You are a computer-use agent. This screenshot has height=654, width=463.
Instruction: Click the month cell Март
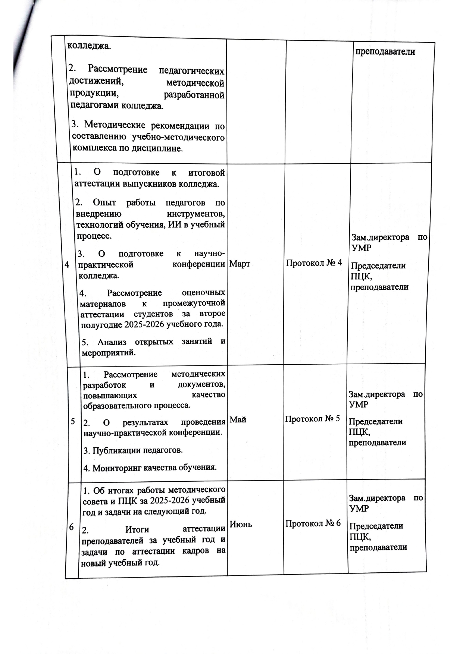(x=240, y=264)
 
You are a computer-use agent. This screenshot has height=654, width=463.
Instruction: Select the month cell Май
(x=238, y=420)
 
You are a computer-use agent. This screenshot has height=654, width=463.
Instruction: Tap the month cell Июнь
(x=241, y=525)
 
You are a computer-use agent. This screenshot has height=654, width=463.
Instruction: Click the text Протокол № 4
(x=314, y=263)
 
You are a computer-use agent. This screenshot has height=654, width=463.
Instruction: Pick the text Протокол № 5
(x=312, y=419)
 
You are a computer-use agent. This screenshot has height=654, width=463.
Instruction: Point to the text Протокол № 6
(x=313, y=523)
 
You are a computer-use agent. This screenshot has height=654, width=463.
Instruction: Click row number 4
(x=67, y=265)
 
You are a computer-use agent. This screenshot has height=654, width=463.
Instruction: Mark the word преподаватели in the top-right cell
(x=385, y=52)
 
